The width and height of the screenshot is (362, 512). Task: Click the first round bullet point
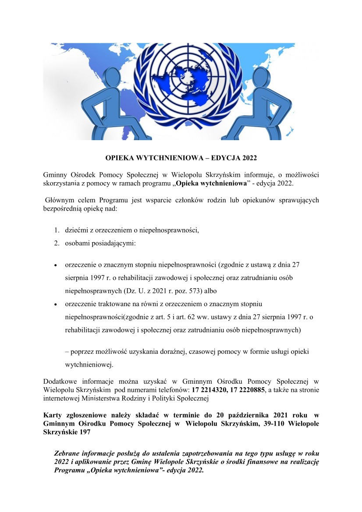(x=56, y=265)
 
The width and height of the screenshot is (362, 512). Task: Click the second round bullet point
(x=56, y=304)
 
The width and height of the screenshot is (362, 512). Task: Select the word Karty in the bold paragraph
(x=53, y=415)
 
